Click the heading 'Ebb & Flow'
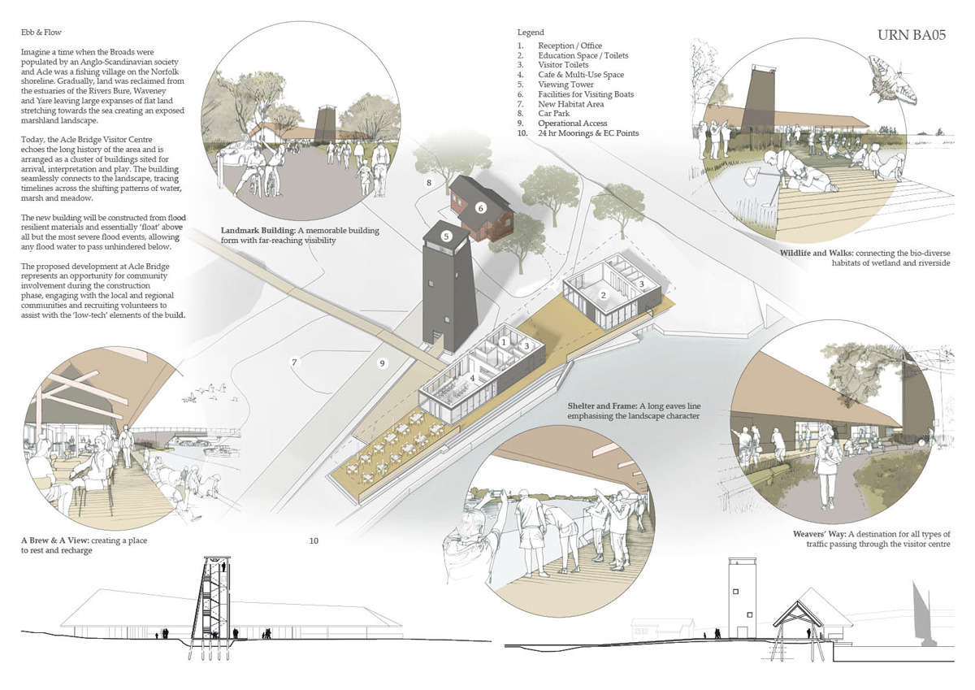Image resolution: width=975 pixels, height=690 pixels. (x=41, y=33)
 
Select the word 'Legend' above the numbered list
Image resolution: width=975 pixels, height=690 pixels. (x=531, y=33)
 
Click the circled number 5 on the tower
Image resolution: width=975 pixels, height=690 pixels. (x=446, y=237)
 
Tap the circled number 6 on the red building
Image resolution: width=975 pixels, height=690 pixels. (x=480, y=207)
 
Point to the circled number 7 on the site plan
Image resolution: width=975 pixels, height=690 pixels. (x=296, y=362)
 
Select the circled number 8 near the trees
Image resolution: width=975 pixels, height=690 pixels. (x=428, y=183)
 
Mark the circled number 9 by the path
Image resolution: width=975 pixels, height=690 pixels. (x=382, y=363)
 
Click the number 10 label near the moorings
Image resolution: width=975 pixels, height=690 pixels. (x=314, y=540)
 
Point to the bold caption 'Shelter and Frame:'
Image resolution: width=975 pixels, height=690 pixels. (x=601, y=406)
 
